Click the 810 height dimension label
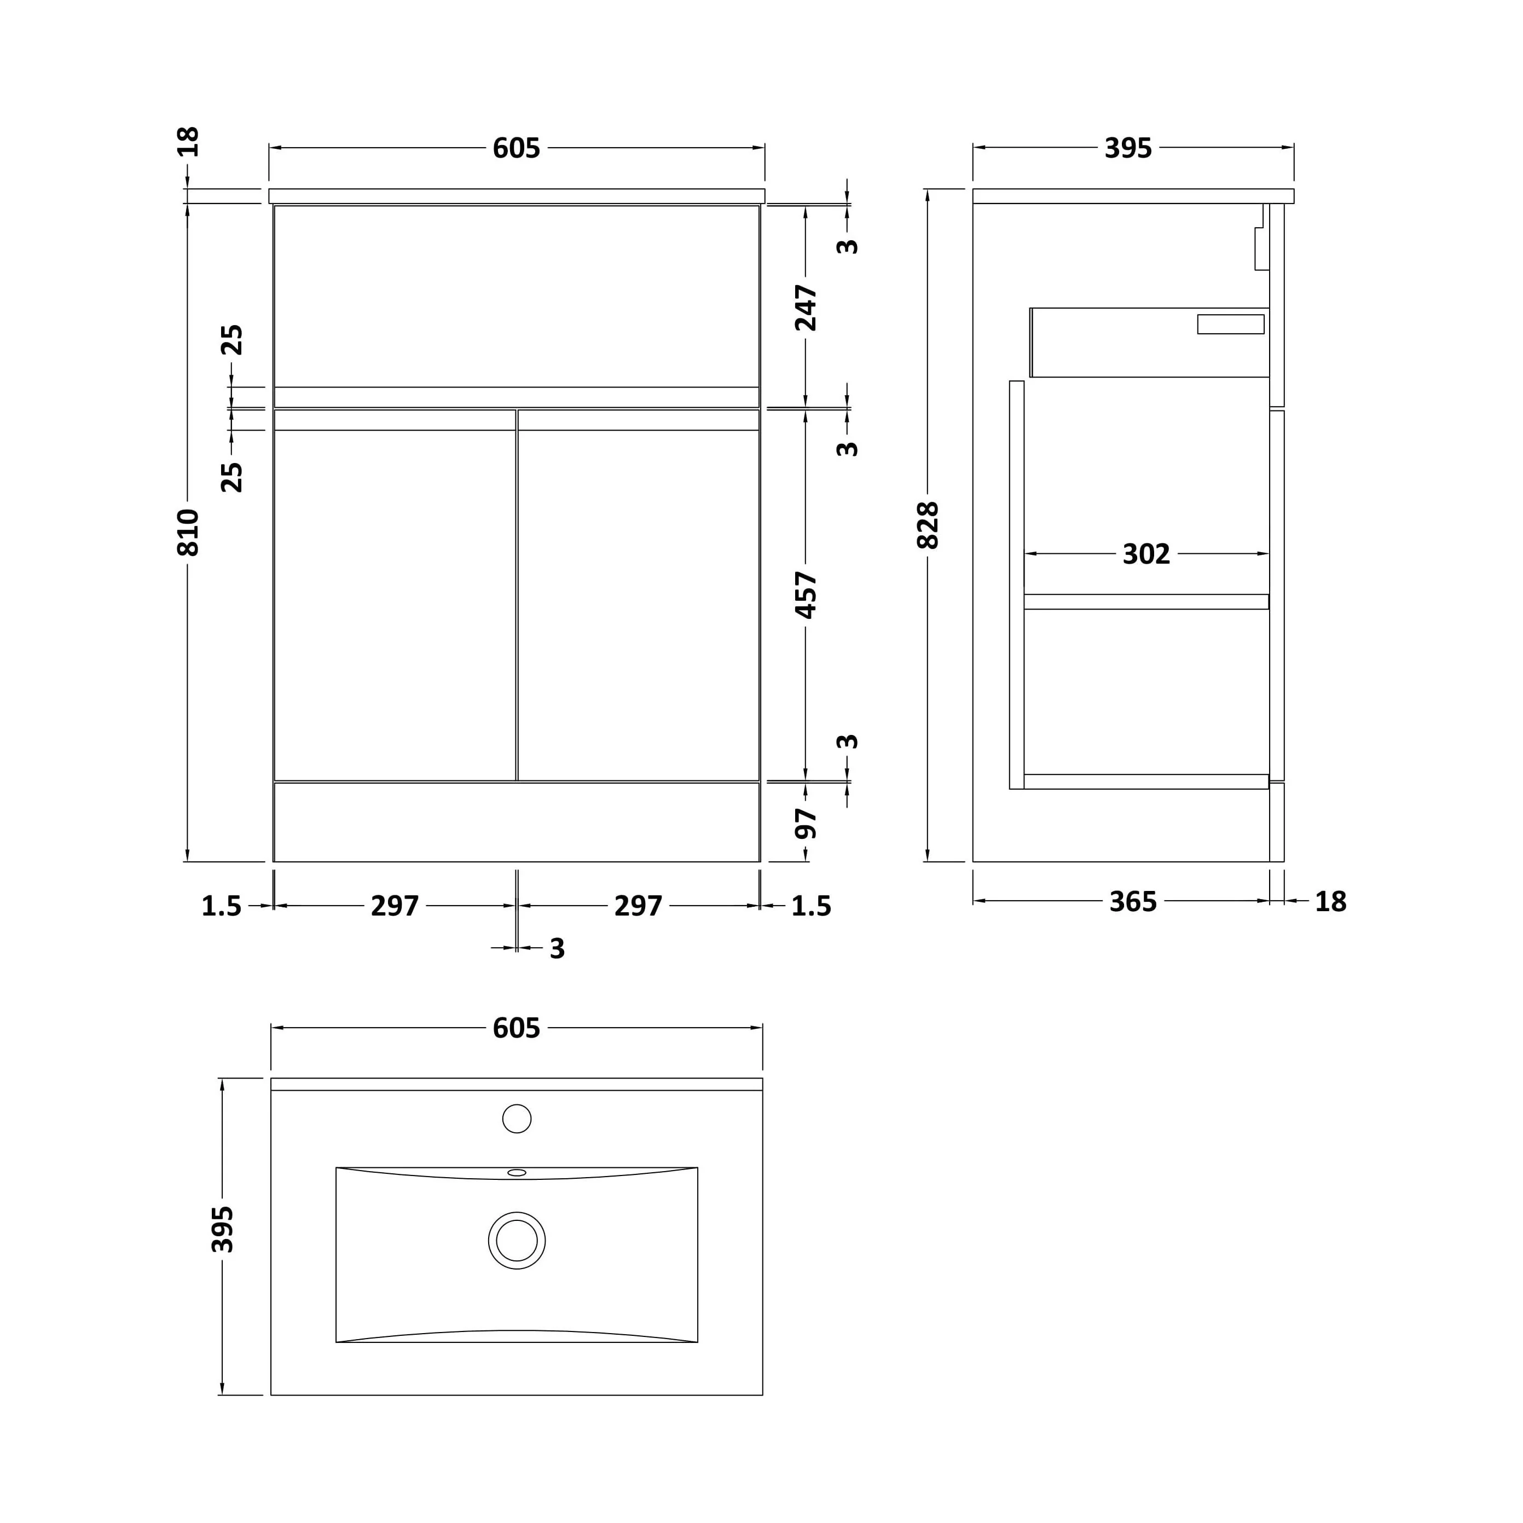[188, 533]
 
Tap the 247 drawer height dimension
[806, 308]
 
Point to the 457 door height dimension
[806, 595]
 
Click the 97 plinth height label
[806, 824]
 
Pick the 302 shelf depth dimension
[1146, 554]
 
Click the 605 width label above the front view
[517, 148]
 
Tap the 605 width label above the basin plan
[517, 1028]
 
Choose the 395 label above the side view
[1128, 148]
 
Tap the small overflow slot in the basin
[517, 1172]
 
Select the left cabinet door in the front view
[395, 595]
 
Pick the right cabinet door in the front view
[639, 595]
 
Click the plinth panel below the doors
[517, 822]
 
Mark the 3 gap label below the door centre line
[557, 949]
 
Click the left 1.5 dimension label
[222, 907]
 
